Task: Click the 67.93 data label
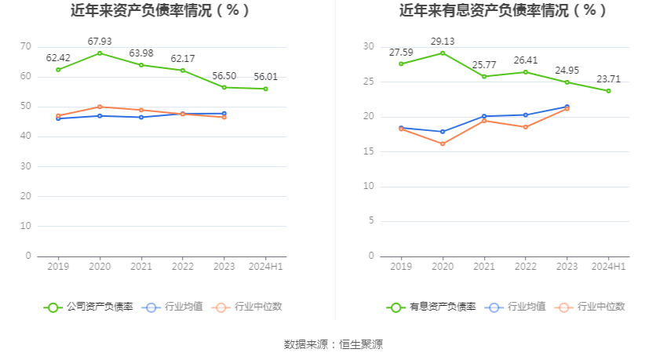99,41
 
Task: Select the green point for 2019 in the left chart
58,70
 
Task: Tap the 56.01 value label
265,76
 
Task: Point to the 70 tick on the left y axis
26,46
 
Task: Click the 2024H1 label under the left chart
265,267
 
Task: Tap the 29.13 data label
443,41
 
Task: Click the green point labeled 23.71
608,91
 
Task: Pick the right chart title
503,11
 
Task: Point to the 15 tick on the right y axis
368,151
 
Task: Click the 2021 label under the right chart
484,267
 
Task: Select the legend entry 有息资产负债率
432,307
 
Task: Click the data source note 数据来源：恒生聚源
333,344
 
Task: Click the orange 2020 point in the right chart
443,144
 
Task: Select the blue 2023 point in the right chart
567,107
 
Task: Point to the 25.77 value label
484,64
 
